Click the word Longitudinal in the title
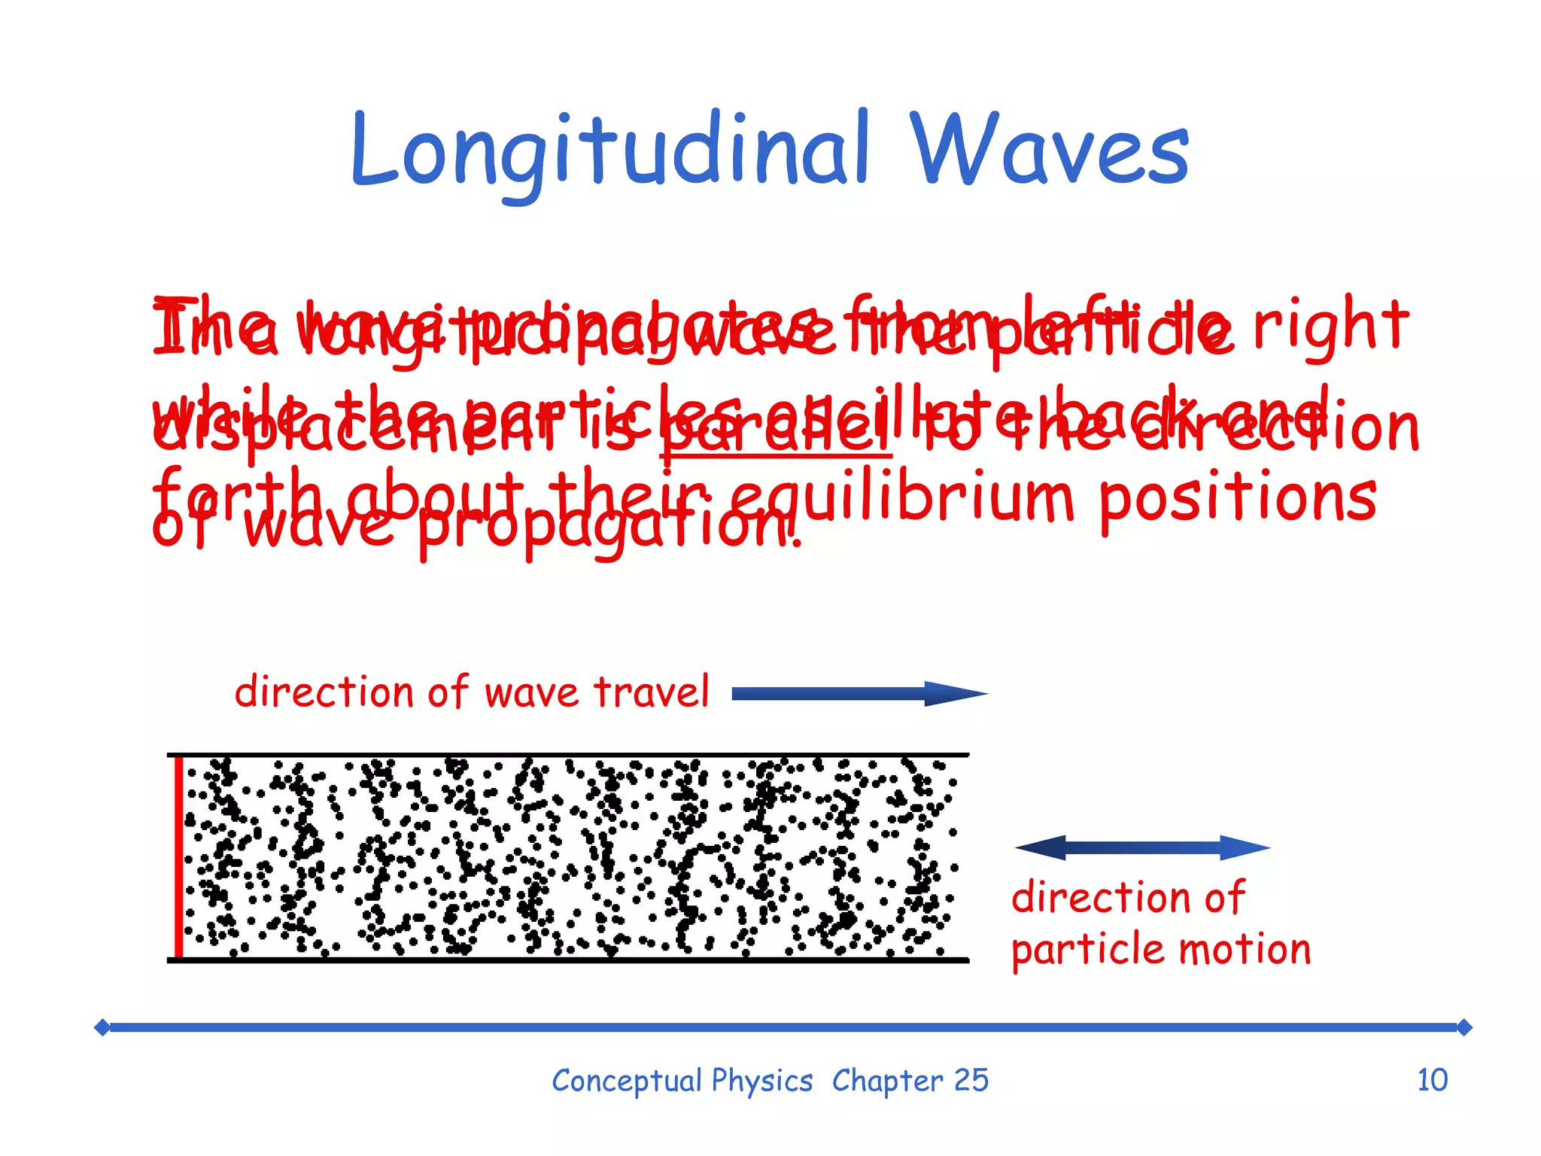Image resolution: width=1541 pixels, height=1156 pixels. click(x=609, y=151)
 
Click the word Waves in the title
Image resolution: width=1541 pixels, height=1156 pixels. click(x=1050, y=151)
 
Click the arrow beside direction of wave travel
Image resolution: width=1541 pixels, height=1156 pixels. click(x=858, y=693)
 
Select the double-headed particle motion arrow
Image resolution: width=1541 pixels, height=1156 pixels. click(x=1142, y=847)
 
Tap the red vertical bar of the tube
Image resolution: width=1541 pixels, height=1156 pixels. click(x=179, y=856)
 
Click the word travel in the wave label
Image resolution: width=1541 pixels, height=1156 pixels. click(x=652, y=692)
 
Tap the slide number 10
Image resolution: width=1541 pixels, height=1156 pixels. click(x=1432, y=1080)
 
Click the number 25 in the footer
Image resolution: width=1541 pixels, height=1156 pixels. click(x=971, y=1080)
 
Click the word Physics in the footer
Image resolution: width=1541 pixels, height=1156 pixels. click(x=762, y=1081)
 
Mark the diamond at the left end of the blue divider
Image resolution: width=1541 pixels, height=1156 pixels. click(x=102, y=1027)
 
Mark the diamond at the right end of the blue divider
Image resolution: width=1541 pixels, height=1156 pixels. click(x=1463, y=1027)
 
